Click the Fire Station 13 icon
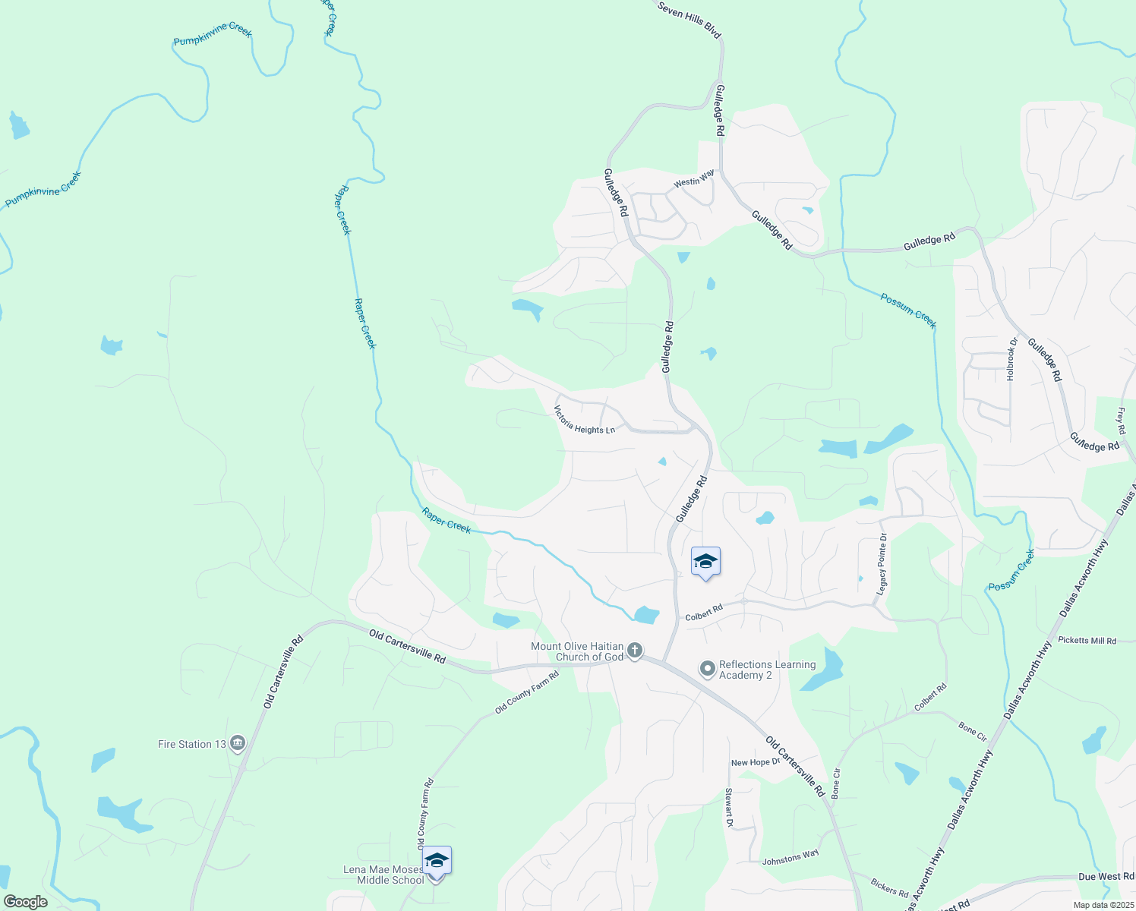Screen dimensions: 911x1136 [237, 743]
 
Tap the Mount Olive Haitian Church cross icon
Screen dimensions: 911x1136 [635, 651]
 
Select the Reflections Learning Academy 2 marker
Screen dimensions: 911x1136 [708, 669]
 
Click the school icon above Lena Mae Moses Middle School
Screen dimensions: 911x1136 [437, 860]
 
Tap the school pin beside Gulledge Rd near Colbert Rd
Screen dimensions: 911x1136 [705, 562]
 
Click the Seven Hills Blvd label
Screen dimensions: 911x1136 [689, 19]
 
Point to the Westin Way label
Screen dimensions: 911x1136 [694, 179]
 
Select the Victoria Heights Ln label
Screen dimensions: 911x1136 [583, 420]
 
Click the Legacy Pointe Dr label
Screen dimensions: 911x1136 [882, 564]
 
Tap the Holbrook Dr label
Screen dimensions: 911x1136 [1011, 358]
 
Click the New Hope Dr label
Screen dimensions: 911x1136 [755, 762]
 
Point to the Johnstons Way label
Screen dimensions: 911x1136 [790, 857]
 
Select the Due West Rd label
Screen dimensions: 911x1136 [1106, 877]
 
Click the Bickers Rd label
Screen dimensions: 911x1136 [889, 887]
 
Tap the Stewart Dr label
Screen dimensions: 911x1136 [729, 808]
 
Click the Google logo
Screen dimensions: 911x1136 [25, 902]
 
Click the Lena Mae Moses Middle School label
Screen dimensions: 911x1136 [383, 875]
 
